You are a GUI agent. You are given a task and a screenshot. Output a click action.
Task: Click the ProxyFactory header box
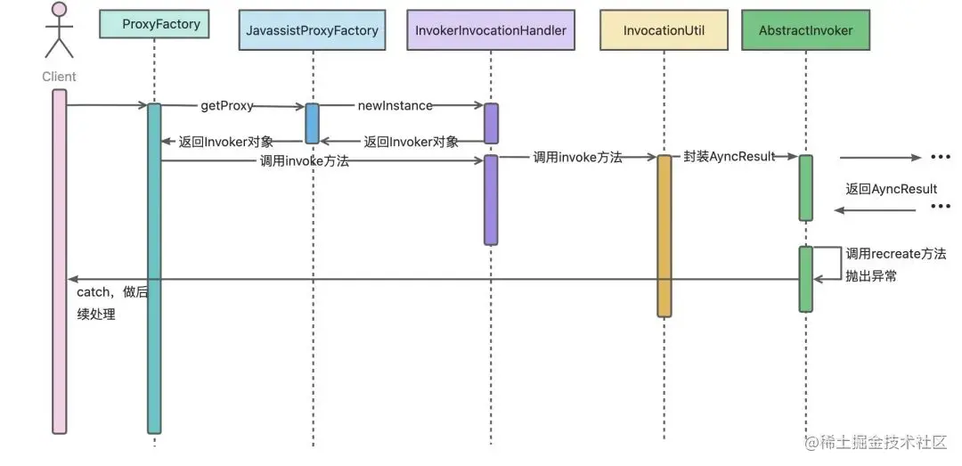tap(154, 24)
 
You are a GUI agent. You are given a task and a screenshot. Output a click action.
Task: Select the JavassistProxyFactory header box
tap(312, 30)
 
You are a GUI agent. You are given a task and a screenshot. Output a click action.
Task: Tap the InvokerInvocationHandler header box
tap(490, 30)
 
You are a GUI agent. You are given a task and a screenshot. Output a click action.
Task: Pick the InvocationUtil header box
tap(664, 30)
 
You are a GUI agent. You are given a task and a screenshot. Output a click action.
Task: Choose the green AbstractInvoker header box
tap(805, 30)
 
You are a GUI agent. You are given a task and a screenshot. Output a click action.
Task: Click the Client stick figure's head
tap(59, 12)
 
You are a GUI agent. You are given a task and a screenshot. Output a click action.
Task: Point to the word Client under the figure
tap(59, 77)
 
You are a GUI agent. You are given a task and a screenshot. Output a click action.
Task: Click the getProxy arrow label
tap(226, 105)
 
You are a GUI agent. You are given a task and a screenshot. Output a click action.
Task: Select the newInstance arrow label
tap(395, 105)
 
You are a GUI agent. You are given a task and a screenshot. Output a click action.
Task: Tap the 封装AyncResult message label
tap(729, 157)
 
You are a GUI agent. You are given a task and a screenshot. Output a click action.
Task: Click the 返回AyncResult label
tap(891, 189)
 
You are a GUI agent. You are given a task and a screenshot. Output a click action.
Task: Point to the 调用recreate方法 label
tap(895, 254)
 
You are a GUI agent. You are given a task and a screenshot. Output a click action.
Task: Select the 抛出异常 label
tap(870, 276)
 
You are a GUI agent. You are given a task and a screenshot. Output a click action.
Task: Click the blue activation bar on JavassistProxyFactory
tap(312, 123)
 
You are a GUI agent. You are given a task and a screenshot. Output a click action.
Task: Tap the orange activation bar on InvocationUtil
tap(664, 236)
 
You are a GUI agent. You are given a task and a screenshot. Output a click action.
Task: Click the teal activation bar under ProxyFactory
tap(154, 267)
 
